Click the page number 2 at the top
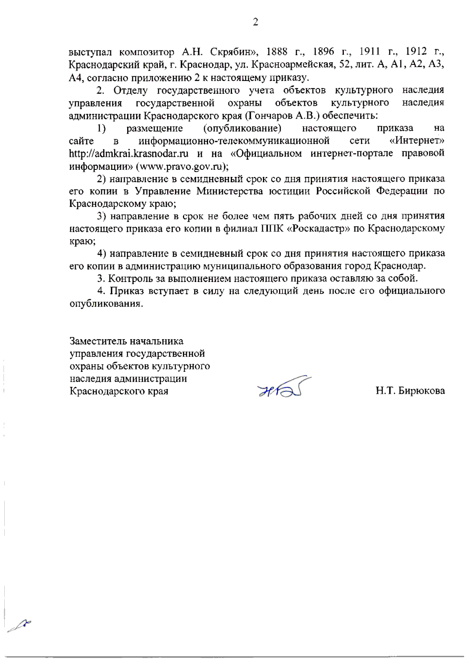pyautogui.click(x=255, y=22)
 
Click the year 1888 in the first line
pyautogui.click(x=278, y=52)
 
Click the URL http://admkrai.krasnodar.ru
pyautogui.click(x=129, y=153)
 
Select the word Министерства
pyautogui.click(x=230, y=191)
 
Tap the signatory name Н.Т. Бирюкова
pyautogui.click(x=410, y=391)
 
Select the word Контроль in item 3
pyautogui.click(x=127, y=279)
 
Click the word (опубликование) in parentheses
pyautogui.click(x=242, y=128)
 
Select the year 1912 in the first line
pyautogui.click(x=416, y=52)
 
